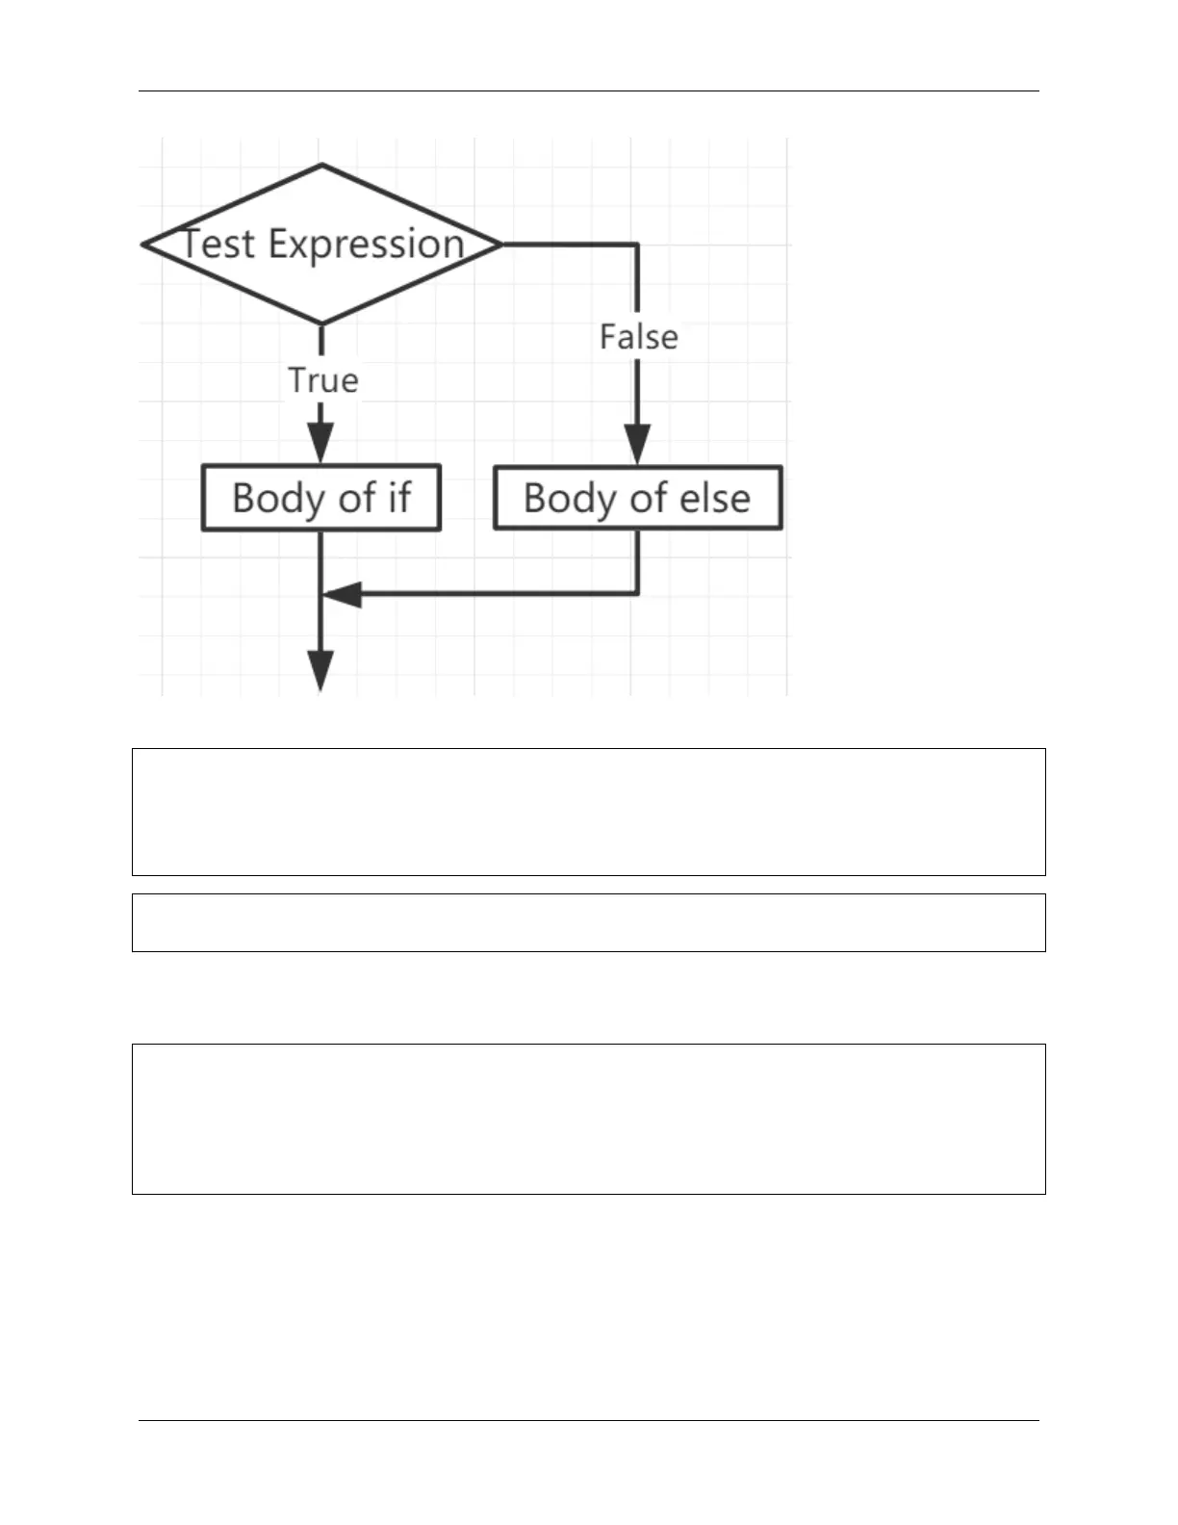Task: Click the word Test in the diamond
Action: (218, 245)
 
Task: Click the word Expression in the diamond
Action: (367, 246)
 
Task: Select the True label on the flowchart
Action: (323, 380)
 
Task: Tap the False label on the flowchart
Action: (638, 337)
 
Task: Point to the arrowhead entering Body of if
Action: (320, 443)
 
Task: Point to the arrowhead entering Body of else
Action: (637, 444)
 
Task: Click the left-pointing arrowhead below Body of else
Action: (342, 594)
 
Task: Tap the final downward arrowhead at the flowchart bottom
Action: (320, 671)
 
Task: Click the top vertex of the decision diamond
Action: (322, 165)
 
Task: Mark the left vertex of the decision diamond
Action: (143, 245)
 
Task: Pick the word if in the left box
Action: (399, 498)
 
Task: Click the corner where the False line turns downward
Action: (637, 245)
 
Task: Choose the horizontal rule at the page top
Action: (589, 91)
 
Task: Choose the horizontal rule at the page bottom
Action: (589, 1421)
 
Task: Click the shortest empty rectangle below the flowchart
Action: (589, 923)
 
